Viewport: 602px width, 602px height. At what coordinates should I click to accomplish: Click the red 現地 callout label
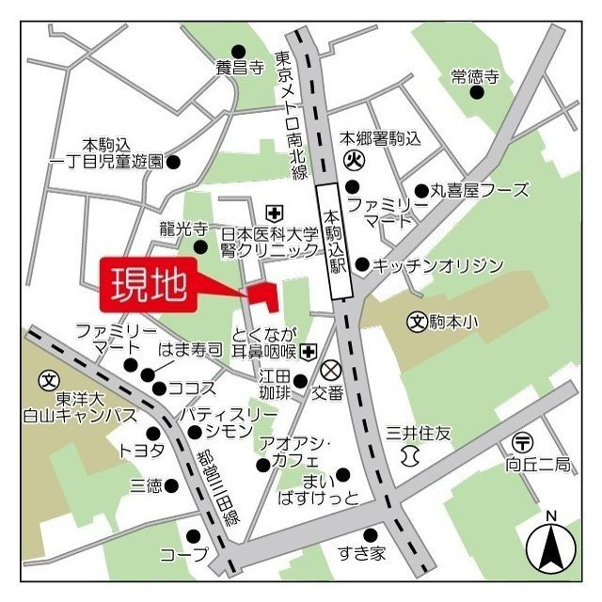(x=148, y=284)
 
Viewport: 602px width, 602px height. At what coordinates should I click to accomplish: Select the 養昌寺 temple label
(x=237, y=67)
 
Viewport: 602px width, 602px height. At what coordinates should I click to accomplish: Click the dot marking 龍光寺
(x=200, y=247)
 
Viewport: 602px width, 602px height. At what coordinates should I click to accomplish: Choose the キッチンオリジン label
(x=438, y=264)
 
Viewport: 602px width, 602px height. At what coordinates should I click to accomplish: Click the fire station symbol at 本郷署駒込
(x=355, y=161)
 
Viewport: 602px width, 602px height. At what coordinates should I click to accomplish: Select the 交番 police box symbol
(x=330, y=368)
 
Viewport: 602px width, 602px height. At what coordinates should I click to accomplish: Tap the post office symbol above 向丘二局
(x=523, y=442)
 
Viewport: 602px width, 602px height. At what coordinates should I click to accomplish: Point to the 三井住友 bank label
(x=420, y=434)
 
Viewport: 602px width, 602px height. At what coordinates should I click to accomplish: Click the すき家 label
(x=362, y=553)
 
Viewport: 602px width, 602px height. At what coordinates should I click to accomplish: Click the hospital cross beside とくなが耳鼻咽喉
(x=308, y=351)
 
